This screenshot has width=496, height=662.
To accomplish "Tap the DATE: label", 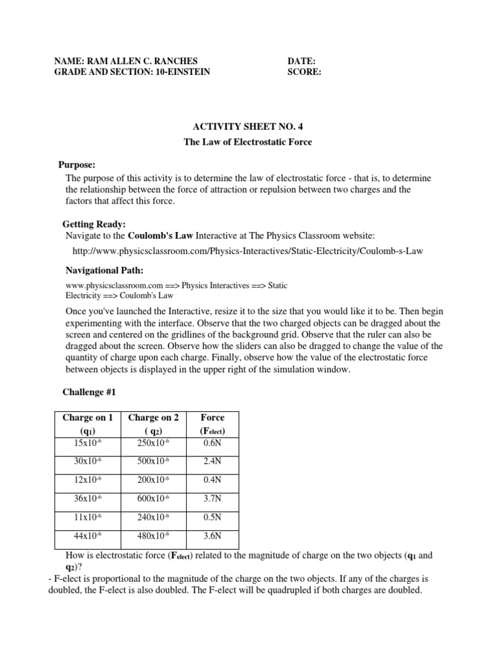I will pyautogui.click(x=302, y=61).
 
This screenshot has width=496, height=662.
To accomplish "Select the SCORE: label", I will pyautogui.click(x=304, y=72).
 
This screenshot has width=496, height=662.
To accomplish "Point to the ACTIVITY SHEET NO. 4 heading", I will pyautogui.click(x=247, y=128).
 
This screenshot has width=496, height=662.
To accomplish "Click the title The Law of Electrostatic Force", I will pyautogui.click(x=248, y=142).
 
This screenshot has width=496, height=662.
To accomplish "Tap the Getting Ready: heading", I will pyautogui.click(x=94, y=224).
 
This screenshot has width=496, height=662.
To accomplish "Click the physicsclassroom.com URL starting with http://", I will pyautogui.click(x=247, y=251).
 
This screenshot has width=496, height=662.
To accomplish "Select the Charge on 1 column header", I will pyautogui.click(x=88, y=418).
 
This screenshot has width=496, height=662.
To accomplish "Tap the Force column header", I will pyautogui.click(x=212, y=418).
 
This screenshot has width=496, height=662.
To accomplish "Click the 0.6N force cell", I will pyautogui.click(x=212, y=443).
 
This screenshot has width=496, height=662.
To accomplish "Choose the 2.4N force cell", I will pyautogui.click(x=212, y=462).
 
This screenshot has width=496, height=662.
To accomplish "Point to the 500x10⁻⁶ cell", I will pyautogui.click(x=154, y=462).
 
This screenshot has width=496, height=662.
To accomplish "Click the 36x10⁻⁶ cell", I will pyautogui.click(x=88, y=498).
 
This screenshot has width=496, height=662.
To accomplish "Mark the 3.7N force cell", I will pyautogui.click(x=212, y=498).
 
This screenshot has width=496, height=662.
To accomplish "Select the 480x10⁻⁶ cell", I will pyautogui.click(x=154, y=536).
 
